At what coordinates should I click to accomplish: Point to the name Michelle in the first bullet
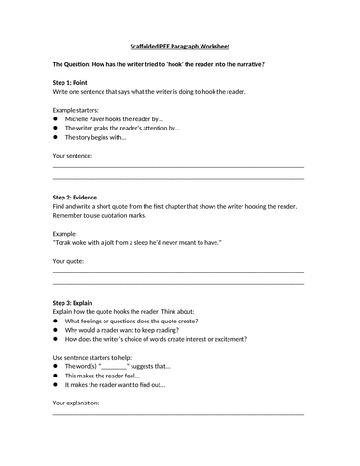[80, 119]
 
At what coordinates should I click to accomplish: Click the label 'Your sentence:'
[73, 155]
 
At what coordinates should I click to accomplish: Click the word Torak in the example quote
[65, 242]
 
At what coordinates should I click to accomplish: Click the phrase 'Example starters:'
[78, 110]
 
